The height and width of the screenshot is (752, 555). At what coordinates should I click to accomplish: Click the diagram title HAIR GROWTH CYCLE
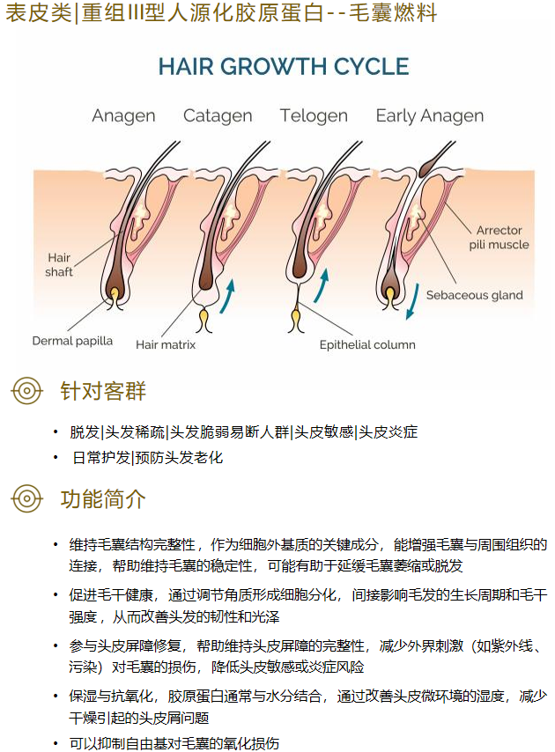(x=284, y=66)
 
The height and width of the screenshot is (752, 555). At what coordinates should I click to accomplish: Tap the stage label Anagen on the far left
(x=123, y=116)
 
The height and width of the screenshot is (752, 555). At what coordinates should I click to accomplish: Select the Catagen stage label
(x=218, y=116)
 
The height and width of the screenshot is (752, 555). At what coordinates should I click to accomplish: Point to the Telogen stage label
(x=314, y=116)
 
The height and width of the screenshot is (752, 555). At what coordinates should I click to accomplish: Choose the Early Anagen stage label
(x=430, y=116)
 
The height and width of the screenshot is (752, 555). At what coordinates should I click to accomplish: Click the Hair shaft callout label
(x=59, y=265)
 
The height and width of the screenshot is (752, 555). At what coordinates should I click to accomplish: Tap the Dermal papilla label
(x=72, y=341)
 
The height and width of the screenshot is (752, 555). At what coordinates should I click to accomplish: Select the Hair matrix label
(x=166, y=344)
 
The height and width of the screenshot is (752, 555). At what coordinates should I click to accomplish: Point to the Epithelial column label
(x=367, y=344)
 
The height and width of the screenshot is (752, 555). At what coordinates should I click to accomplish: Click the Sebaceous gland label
(x=475, y=295)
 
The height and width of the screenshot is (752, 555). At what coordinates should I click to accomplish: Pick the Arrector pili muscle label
(x=499, y=238)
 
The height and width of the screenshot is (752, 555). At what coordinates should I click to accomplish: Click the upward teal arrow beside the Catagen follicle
(x=228, y=296)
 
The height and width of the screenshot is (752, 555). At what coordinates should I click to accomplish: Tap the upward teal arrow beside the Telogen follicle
(x=322, y=286)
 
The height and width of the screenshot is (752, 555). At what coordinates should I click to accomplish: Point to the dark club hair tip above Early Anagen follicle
(x=426, y=166)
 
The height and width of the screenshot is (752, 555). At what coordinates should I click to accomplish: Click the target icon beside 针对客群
(x=26, y=391)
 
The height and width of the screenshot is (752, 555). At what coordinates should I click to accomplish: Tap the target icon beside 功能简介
(x=26, y=498)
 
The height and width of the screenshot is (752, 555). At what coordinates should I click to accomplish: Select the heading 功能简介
(x=103, y=498)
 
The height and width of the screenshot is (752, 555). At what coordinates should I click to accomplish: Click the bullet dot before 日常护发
(x=55, y=458)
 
